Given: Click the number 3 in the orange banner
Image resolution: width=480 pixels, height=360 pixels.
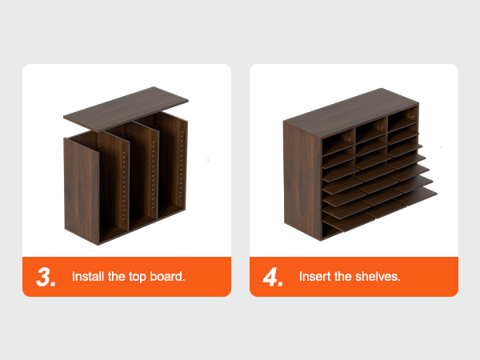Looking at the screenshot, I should pyautogui.click(x=43, y=277).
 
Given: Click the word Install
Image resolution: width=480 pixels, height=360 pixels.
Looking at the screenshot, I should pyautogui.click(x=88, y=277).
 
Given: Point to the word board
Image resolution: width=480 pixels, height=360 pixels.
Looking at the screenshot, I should pyautogui.click(x=168, y=277).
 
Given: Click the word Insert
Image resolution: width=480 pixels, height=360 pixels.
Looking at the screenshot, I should pyautogui.click(x=314, y=277).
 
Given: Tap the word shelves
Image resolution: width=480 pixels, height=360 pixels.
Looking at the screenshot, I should pyautogui.click(x=378, y=277).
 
